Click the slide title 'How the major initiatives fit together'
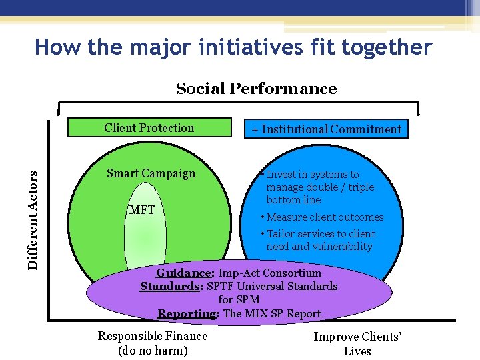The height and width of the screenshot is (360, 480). click(233, 48)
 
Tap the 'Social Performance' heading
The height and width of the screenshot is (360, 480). click(256, 89)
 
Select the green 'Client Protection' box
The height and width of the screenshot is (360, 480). click(149, 128)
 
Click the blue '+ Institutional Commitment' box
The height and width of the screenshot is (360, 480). click(326, 129)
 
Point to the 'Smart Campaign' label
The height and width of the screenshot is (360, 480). click(151, 173)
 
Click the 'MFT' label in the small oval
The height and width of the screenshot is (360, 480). click(141, 210)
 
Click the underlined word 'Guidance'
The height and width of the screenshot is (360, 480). click(183, 273)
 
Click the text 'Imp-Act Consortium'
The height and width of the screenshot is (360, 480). click(269, 273)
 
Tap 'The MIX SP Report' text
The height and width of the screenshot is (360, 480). click(272, 313)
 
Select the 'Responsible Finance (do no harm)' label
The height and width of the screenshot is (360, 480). click(153, 343)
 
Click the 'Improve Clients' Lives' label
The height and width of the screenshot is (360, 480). click(358, 344)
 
